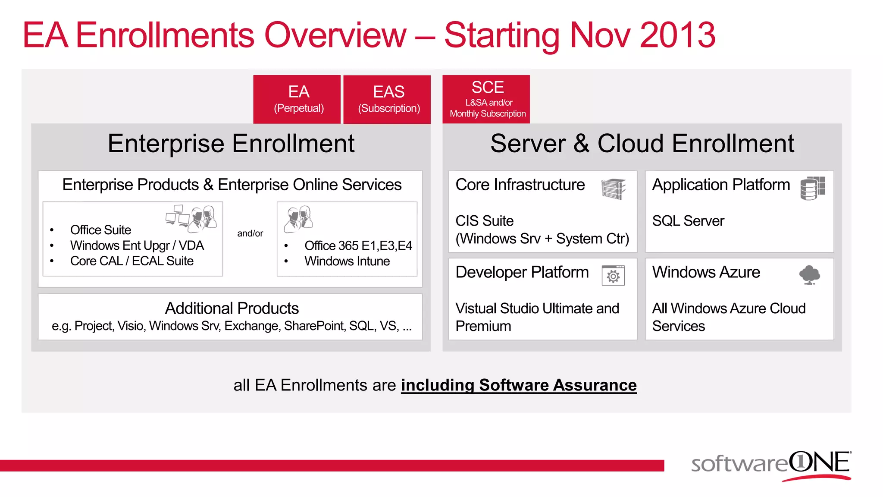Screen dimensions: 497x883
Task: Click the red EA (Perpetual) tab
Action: coord(298,99)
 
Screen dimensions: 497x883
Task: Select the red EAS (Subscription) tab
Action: coord(388,99)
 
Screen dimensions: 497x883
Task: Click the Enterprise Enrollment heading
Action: coord(231,144)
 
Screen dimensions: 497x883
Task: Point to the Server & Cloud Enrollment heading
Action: coord(642,144)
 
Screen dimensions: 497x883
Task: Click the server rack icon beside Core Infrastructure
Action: coord(613,189)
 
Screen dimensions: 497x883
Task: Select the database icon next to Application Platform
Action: coord(812,188)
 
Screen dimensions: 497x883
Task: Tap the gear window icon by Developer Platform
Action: coord(613,275)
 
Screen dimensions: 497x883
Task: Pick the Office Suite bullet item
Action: coord(100,230)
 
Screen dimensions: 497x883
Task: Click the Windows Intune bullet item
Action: coord(347,261)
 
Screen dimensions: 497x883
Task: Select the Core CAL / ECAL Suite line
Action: coord(132,261)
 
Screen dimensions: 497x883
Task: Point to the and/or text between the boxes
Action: coord(250,233)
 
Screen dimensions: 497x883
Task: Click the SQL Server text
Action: coord(688,221)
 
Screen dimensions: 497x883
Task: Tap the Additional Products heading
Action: coord(232,308)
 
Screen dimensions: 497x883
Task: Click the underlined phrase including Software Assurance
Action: coord(518,385)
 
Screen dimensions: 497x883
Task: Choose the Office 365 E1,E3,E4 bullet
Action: coord(358,246)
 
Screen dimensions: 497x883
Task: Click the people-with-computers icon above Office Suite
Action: coord(191,217)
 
